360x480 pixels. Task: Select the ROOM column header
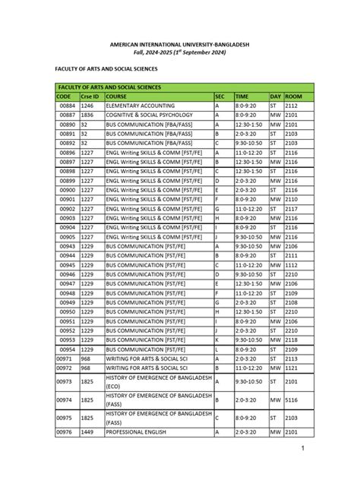[x=293, y=96]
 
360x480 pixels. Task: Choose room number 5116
[x=292, y=399]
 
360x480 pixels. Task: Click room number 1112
[x=292, y=265]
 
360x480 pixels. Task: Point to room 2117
[x=292, y=208]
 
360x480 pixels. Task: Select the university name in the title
[x=180, y=44]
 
